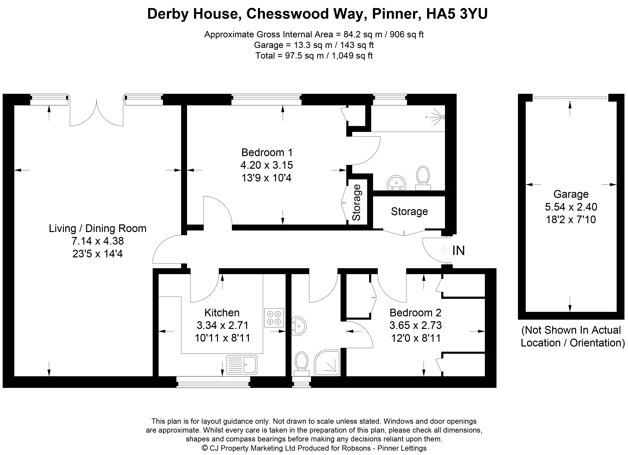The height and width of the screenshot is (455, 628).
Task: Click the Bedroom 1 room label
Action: point(267,152)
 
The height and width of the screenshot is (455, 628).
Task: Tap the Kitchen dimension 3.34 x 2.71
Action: point(222,325)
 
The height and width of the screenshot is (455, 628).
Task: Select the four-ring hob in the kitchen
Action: point(274,318)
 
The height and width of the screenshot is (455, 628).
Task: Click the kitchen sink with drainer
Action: point(242,364)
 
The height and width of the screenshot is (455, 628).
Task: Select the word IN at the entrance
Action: point(458,251)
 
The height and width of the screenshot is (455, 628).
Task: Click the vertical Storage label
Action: point(357,203)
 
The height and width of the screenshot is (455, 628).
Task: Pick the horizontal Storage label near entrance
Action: point(409,211)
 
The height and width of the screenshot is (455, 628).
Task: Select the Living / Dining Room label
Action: point(98,228)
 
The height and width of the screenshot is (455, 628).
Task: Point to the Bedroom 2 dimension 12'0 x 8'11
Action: point(416,338)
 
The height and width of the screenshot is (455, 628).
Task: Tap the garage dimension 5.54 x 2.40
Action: point(571,207)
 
